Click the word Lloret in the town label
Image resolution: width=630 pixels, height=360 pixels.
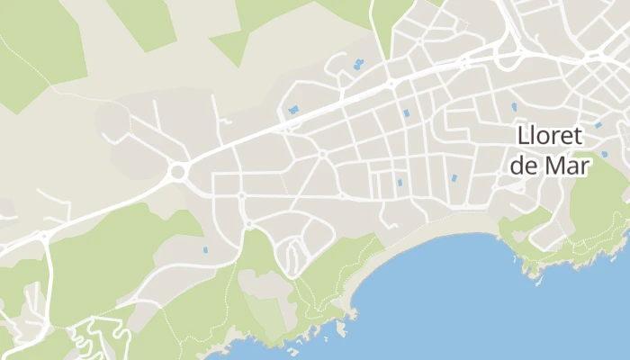tap(551, 136)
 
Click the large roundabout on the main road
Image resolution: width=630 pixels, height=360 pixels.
tap(178, 171)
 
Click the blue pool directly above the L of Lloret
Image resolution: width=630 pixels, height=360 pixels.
tap(514, 106)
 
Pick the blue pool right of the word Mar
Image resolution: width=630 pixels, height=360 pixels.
tap(604, 154)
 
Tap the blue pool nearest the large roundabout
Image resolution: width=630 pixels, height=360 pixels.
tap(204, 249)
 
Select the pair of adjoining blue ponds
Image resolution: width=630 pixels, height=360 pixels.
tap(358, 64)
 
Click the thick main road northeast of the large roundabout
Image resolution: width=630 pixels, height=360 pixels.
tap(270, 130)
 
